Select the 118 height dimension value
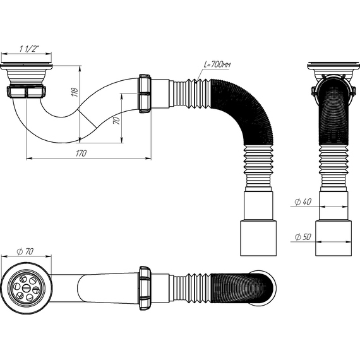(x=75, y=92)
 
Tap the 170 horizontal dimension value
(x=81, y=153)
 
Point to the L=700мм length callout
(x=217, y=64)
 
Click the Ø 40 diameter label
(x=303, y=202)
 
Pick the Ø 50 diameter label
(x=303, y=237)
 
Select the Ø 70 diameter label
(x=25, y=251)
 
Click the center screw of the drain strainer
(x=26, y=289)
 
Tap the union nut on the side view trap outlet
(x=145, y=93)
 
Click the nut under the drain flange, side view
(x=27, y=92)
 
